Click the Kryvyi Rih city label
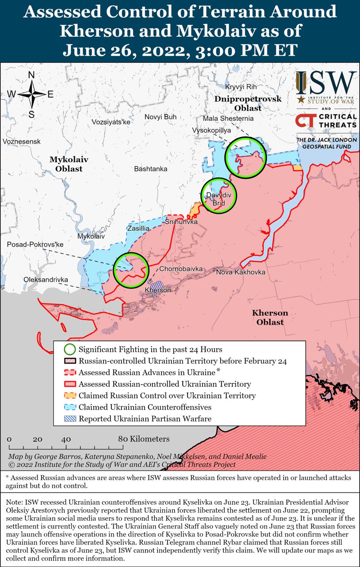coord(241,86)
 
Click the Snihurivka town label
coord(181,221)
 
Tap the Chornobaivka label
coord(181,269)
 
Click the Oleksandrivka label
coord(46,280)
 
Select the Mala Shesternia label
coord(228,119)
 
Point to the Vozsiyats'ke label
coord(111,122)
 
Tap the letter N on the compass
coord(32,75)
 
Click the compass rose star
coord(32,94)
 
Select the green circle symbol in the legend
coord(70,349)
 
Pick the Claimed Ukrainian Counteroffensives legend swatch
coord(70,407)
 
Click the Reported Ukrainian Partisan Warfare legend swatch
coord(70,418)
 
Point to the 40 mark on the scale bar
coord(66,439)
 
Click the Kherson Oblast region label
coord(270,318)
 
